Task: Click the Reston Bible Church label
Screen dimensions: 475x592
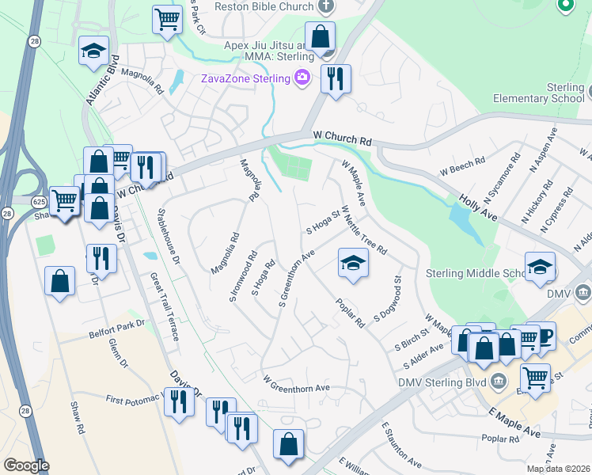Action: (265, 6)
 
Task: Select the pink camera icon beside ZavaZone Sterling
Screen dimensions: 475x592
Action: (302, 77)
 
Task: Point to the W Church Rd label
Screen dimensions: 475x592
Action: (342, 139)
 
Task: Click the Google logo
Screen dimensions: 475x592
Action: (26, 465)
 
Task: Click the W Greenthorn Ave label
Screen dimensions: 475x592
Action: (296, 387)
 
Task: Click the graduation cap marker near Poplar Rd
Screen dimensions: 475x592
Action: (354, 263)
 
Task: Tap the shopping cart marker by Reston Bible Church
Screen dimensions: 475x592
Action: (166, 17)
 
